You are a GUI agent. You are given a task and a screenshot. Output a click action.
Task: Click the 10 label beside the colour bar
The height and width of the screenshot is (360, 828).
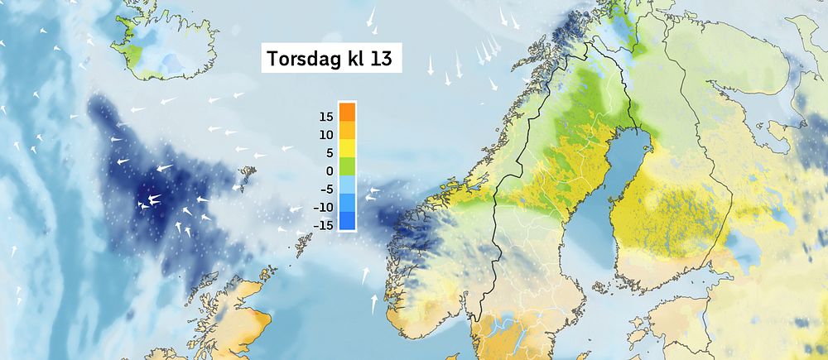pos(326,134)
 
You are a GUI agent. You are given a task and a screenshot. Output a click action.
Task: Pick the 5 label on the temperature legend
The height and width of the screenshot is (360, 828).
pos(330,152)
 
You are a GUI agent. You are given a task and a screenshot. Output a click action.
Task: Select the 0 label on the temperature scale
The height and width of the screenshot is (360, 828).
pos(330,170)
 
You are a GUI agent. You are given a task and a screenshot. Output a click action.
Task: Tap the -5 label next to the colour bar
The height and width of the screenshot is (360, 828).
pos(327,189)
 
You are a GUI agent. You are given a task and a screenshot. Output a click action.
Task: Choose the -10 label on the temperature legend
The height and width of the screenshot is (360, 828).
pos(325,207)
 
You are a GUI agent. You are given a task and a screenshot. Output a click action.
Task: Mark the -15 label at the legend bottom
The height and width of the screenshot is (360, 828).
pos(325,225)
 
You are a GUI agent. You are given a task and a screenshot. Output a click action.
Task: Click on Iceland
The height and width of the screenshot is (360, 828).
pos(161,46)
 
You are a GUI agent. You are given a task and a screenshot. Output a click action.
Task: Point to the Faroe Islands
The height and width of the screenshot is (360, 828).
pos(245,175)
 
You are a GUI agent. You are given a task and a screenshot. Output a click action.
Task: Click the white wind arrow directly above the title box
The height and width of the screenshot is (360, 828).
pos(372,17)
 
